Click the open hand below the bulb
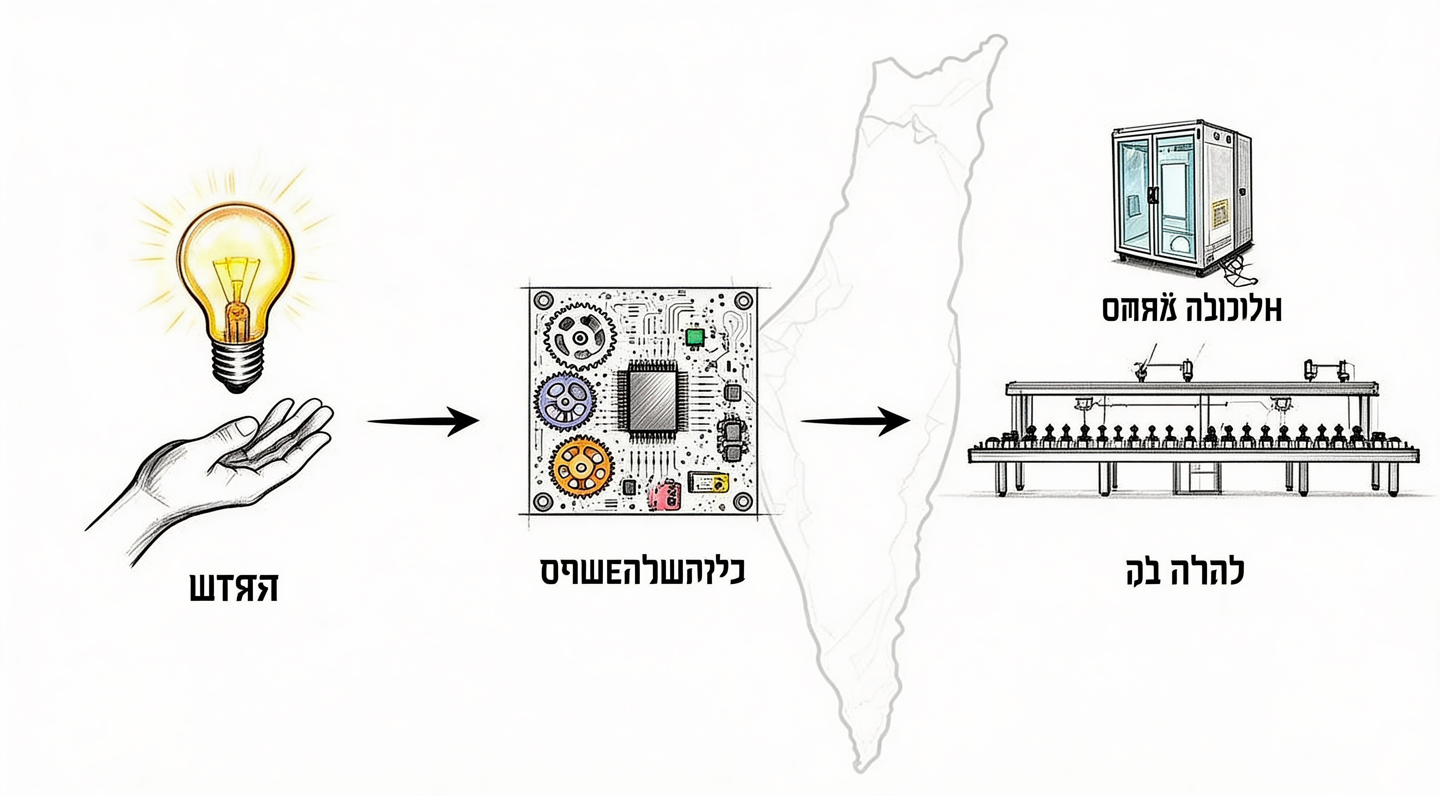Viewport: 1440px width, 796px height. pyautogui.click(x=235, y=464)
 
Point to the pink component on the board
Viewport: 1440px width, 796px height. pyautogui.click(x=664, y=495)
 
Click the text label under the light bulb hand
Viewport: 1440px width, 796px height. pyautogui.click(x=234, y=587)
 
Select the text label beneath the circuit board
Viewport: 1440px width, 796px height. pyautogui.click(x=643, y=571)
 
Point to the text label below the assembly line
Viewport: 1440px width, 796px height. pyautogui.click(x=1185, y=572)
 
